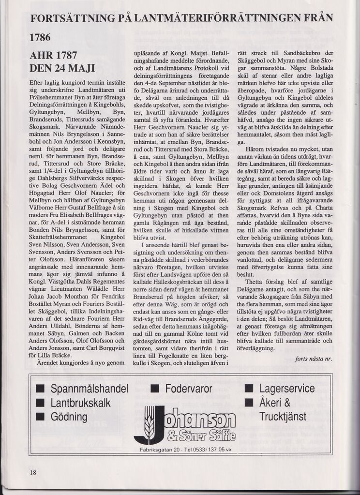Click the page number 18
point(33,472)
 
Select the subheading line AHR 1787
point(54,55)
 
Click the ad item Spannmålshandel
point(90,389)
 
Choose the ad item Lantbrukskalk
point(80,403)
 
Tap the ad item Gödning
point(69,417)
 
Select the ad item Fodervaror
point(189,389)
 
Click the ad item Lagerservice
point(287,389)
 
